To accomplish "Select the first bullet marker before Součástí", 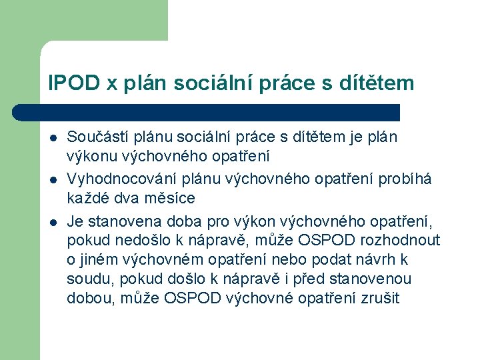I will (52, 138).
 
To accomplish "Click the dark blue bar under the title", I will (220, 112).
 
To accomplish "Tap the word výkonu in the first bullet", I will (87, 157).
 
